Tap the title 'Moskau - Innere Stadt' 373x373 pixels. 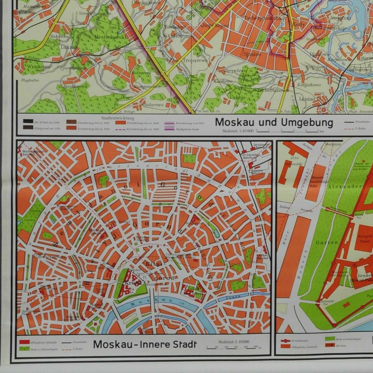point(145,344)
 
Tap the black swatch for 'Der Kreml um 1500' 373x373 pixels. point(28,122)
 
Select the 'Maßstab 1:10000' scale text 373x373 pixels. point(233,342)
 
